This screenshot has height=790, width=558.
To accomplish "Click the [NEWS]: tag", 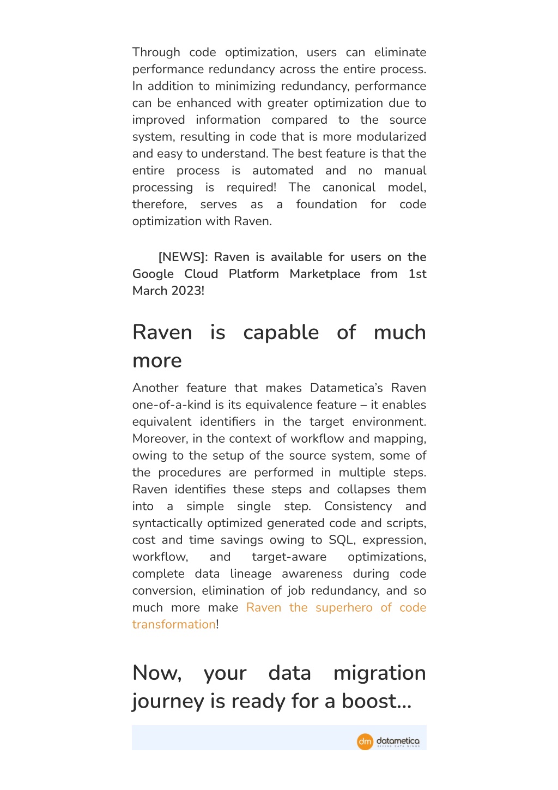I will point(183,257).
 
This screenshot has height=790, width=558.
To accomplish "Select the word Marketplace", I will point(325,274).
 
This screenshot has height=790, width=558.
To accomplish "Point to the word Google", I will point(153,274).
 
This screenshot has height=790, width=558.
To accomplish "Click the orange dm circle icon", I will point(365,741).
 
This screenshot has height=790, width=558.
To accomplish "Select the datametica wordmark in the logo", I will point(398,741).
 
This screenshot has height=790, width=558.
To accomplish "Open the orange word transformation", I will point(174,624).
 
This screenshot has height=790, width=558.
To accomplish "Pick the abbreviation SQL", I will point(341,540).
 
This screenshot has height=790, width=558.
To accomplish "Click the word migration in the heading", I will point(379,673).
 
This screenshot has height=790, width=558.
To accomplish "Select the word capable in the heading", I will point(281,332).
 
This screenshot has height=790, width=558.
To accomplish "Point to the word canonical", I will point(349,187).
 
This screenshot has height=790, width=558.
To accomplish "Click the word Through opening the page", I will point(156,52).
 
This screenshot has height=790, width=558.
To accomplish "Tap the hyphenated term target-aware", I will point(289,557).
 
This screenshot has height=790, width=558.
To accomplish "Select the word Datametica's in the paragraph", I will point(346,388).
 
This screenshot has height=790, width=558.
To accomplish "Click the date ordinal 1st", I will point(417,274).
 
